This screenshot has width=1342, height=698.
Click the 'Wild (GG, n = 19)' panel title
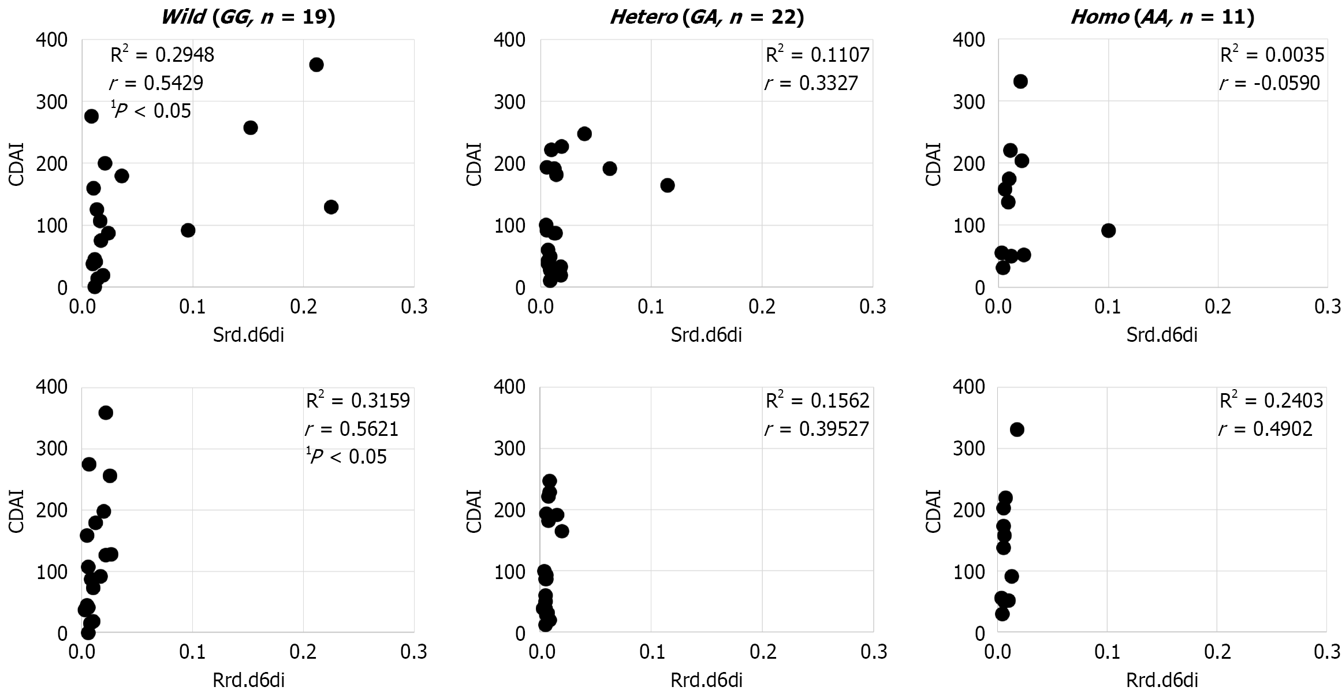click(x=248, y=17)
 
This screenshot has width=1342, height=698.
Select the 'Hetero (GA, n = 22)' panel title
click(x=707, y=17)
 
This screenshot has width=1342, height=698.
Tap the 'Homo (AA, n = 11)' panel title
click(x=1162, y=17)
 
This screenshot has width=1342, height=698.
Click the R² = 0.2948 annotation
click(x=162, y=55)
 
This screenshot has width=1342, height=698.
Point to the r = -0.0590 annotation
click(x=1270, y=83)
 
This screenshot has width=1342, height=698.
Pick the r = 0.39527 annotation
click(x=817, y=429)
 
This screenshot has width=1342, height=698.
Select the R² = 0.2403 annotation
click(x=1272, y=401)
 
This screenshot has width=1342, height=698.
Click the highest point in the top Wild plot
click(x=316, y=65)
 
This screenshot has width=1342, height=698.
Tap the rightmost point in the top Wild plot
click(x=331, y=207)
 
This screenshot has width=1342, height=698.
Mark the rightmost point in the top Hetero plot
click(x=668, y=185)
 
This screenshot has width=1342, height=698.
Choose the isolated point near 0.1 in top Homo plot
click(x=1108, y=230)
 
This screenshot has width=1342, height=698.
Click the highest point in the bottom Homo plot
click(x=1017, y=430)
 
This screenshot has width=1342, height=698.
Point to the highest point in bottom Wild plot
click(x=106, y=413)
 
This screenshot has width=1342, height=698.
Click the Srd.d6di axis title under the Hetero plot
click(x=706, y=335)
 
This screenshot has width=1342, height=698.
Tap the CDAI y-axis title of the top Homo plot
click(x=933, y=164)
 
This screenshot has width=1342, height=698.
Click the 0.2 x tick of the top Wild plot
click(x=303, y=307)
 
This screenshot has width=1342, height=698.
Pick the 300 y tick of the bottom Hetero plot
click(x=510, y=449)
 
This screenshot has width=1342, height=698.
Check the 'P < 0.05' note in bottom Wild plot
click(x=346, y=457)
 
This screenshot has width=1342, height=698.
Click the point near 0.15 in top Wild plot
click(x=251, y=128)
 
